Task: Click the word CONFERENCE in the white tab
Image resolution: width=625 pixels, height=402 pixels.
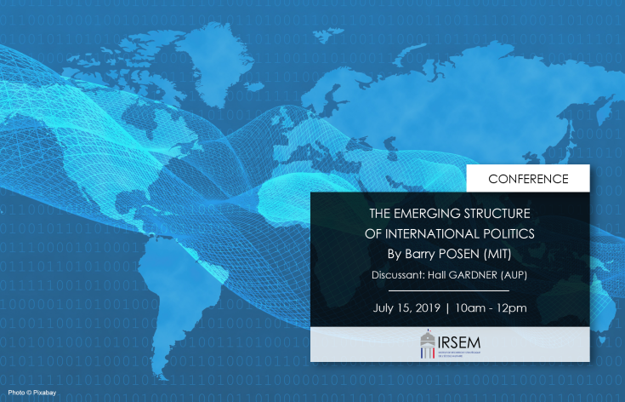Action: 528,179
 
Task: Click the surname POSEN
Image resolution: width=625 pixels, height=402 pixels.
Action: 453,254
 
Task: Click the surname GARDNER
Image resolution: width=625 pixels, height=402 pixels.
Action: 487,275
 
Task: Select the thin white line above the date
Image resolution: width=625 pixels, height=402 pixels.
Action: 450,290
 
